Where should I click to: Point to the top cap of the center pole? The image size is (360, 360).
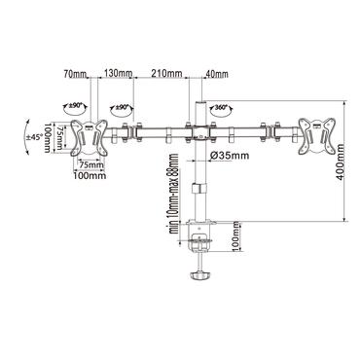tap(200, 100)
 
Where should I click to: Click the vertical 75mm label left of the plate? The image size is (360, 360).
tap(60, 136)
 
